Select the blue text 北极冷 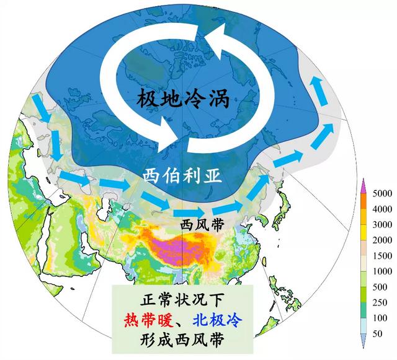(216, 320)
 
